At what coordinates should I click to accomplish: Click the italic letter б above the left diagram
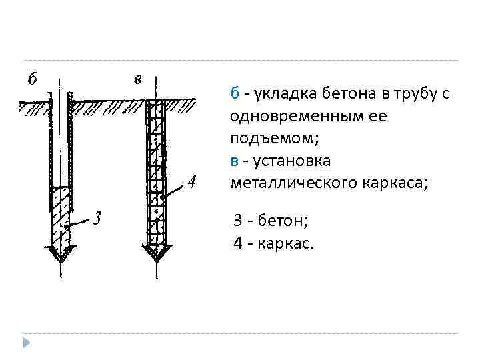point(31,79)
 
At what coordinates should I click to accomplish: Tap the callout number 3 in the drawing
point(97,218)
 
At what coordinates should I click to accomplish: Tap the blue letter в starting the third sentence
point(234,161)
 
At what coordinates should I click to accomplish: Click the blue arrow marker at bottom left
point(27,343)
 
